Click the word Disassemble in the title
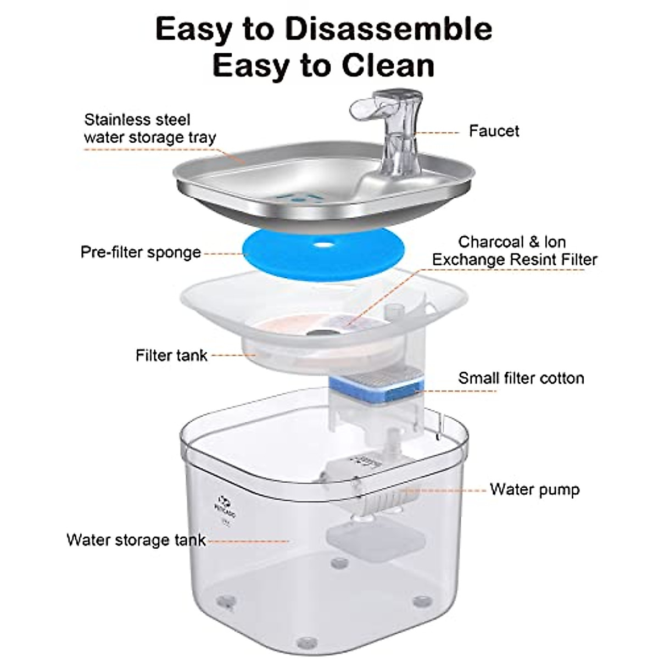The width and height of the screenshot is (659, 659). (x=388, y=30)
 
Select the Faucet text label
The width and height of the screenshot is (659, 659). (x=494, y=131)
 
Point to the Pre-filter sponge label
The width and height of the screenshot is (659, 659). (x=141, y=253)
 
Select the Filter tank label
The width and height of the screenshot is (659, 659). (x=171, y=355)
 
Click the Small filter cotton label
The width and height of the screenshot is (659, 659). (x=521, y=378)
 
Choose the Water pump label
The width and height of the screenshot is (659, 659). (x=534, y=489)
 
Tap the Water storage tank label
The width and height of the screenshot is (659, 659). (x=136, y=540)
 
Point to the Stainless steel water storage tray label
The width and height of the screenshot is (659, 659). (x=149, y=129)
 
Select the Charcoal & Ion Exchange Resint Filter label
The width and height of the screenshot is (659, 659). (x=514, y=250)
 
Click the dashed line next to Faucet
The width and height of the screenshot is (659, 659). (x=438, y=132)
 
